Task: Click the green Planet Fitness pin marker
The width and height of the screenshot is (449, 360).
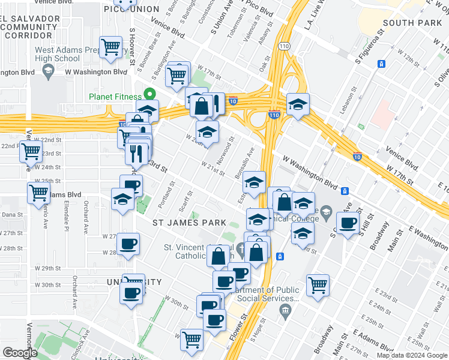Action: tap(148, 95)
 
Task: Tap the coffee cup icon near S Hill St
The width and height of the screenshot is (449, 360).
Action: tap(347, 224)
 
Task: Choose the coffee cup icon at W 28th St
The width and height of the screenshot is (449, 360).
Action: tap(128, 244)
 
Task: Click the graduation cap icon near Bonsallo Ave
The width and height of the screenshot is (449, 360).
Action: tap(255, 182)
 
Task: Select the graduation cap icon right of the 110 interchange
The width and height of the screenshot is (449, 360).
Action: tap(297, 104)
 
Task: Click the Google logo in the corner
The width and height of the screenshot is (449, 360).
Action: tap(20, 353)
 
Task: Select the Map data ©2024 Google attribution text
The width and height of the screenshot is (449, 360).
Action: tap(411, 355)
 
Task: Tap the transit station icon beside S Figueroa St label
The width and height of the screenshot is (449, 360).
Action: tap(381, 64)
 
